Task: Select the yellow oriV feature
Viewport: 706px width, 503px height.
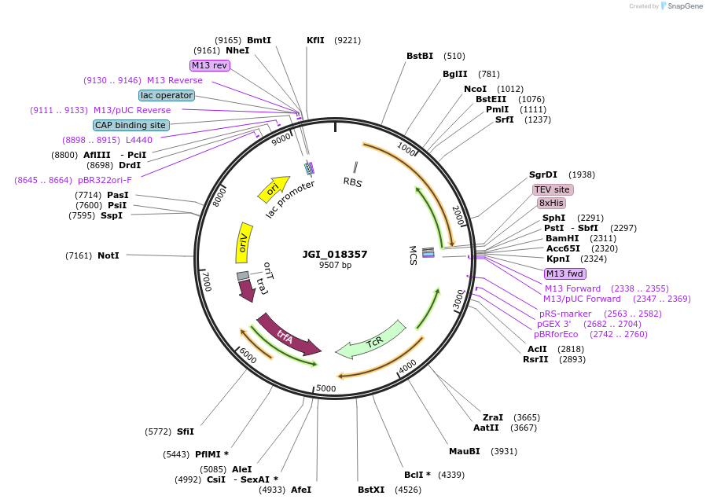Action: (244, 240)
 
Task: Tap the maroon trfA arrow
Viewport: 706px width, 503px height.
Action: (287, 334)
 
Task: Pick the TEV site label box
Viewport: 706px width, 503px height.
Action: (552, 189)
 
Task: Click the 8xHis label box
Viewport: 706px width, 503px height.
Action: (551, 203)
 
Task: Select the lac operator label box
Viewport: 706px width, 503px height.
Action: (167, 95)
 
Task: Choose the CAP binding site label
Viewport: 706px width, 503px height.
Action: (131, 125)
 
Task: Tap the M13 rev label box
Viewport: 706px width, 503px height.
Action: (209, 65)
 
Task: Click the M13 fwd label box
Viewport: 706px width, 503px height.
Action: (565, 274)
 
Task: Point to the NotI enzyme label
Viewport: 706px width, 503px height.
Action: (108, 255)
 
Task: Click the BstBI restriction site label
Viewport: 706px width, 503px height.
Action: (420, 56)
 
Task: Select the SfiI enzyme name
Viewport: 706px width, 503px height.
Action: (186, 431)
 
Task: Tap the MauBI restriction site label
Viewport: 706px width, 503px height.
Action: (464, 451)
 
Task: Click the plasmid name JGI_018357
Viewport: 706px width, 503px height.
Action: (335, 254)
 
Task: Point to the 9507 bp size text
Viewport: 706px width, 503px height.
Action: (335, 265)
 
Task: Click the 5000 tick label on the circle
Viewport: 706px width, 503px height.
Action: (325, 388)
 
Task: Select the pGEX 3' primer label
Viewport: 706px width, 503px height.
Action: (554, 324)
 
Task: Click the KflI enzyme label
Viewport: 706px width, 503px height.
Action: (315, 40)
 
